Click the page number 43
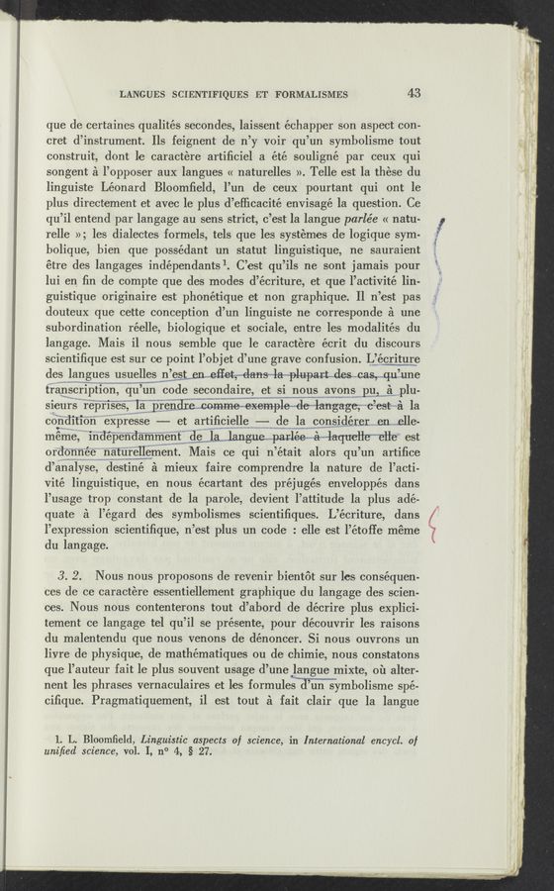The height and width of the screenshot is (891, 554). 414,94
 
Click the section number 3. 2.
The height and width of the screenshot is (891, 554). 70,576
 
